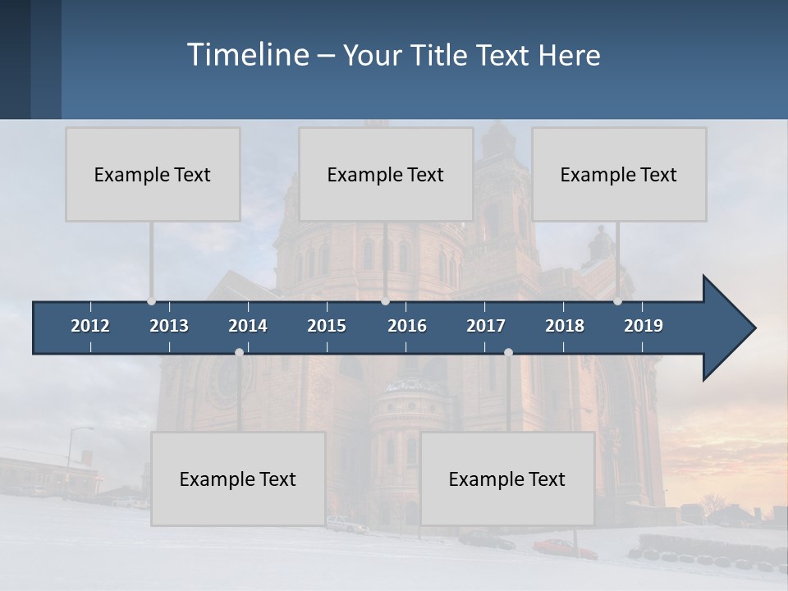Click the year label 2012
pyautogui.click(x=90, y=326)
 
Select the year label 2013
pyautogui.click(x=169, y=326)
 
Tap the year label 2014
pyautogui.click(x=248, y=326)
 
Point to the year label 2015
pyautogui.click(x=327, y=326)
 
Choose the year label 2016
pyautogui.click(x=407, y=326)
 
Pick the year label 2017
pyautogui.click(x=486, y=326)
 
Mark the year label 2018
pyautogui.click(x=565, y=326)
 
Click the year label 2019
pyautogui.click(x=644, y=326)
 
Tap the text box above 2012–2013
pyautogui.click(x=153, y=174)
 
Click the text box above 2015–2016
pyautogui.click(x=386, y=174)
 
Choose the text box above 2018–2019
pyautogui.click(x=619, y=174)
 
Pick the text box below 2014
pyautogui.click(x=238, y=479)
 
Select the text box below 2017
pyautogui.click(x=507, y=479)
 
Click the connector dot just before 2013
pyautogui.click(x=152, y=301)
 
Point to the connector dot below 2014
pyautogui.click(x=239, y=352)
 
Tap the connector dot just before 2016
pyautogui.click(x=386, y=301)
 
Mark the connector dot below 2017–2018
pyautogui.click(x=508, y=352)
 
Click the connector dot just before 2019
pyautogui.click(x=618, y=301)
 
